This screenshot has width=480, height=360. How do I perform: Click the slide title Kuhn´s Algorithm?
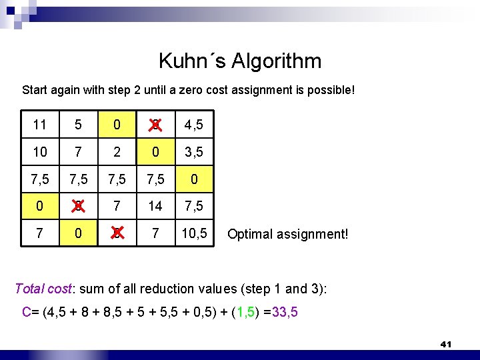[x=240, y=61]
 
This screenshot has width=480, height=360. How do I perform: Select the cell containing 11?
[x=40, y=125]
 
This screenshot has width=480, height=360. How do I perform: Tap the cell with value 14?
[x=155, y=207]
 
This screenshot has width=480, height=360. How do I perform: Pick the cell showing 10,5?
[x=194, y=234]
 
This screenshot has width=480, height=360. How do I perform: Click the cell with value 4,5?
[x=194, y=125]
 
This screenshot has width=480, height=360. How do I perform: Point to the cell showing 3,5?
[x=194, y=152]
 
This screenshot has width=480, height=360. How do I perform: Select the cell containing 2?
[x=117, y=152]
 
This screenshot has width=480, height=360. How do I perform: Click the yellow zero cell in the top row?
[x=117, y=125]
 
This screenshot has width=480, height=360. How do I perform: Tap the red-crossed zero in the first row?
[x=155, y=125]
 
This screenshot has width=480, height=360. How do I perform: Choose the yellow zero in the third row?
[x=194, y=179]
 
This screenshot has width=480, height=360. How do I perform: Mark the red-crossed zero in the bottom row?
[x=117, y=234]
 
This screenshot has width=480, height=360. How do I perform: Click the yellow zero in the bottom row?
[x=78, y=234]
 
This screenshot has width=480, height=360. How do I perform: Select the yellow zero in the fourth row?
[x=40, y=207]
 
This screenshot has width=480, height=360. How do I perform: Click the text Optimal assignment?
[x=287, y=235]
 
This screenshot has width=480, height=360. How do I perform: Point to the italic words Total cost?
[x=42, y=289]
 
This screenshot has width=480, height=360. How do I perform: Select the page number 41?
[x=446, y=344]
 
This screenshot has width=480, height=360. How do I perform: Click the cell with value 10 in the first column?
[x=40, y=152]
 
